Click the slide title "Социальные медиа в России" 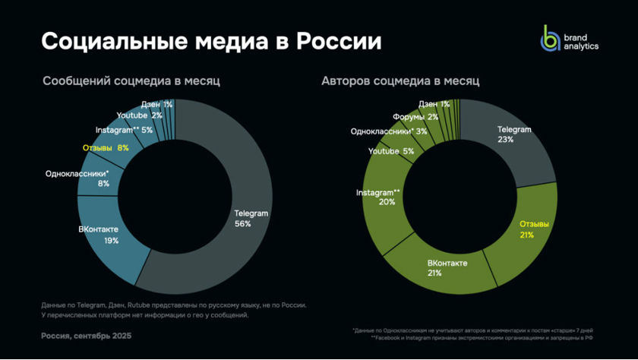click(211, 41)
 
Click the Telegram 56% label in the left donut click(251, 218)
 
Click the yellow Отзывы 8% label click(106, 148)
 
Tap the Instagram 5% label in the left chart click(124, 130)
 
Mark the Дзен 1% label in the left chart click(156, 103)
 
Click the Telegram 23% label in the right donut click(514, 134)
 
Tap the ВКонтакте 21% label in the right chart click(447, 267)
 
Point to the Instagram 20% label click(378, 197)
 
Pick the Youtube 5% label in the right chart click(391, 151)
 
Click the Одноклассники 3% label click(388, 131)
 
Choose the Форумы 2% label click(415, 117)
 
